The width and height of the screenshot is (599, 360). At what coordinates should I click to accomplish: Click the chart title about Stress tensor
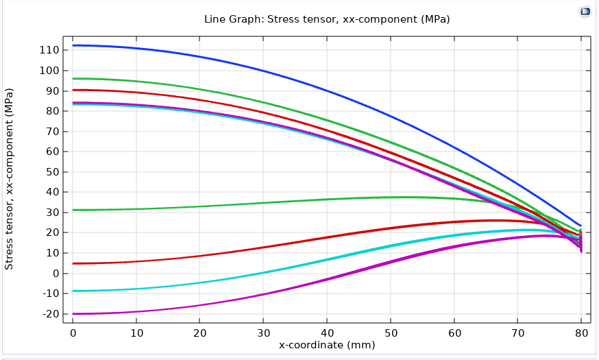327,19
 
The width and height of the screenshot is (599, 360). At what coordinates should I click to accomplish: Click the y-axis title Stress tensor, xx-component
10,178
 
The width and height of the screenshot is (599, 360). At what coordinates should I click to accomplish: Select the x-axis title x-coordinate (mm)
327,345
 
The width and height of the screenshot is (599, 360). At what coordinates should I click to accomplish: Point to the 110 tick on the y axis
48,50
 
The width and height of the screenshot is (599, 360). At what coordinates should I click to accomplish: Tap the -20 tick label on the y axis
48,314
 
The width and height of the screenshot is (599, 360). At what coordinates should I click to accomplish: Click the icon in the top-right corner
585,12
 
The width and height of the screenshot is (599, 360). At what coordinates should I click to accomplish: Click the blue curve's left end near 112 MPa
74,45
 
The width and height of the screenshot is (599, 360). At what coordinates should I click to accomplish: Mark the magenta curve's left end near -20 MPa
74,313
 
